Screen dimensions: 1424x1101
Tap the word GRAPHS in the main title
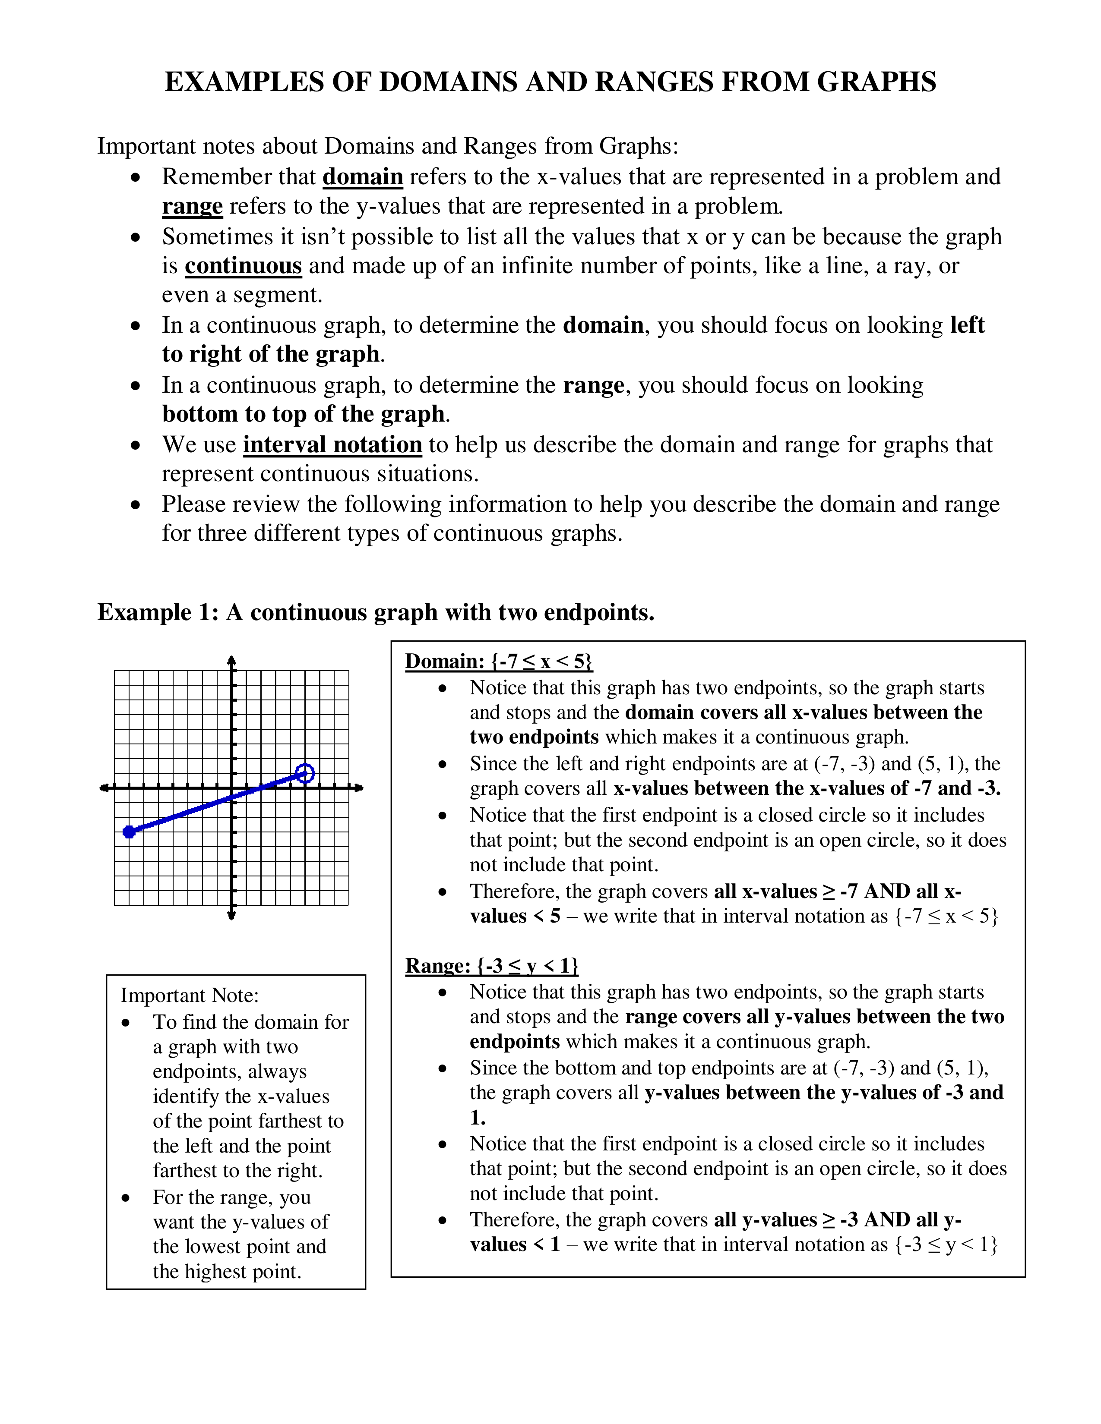[x=876, y=82]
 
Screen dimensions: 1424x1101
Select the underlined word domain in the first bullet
[x=363, y=176]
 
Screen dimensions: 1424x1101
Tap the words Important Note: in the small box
[x=190, y=996]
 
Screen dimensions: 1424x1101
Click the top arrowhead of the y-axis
[x=231, y=660]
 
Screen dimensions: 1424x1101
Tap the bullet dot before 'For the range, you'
[x=127, y=1198]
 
